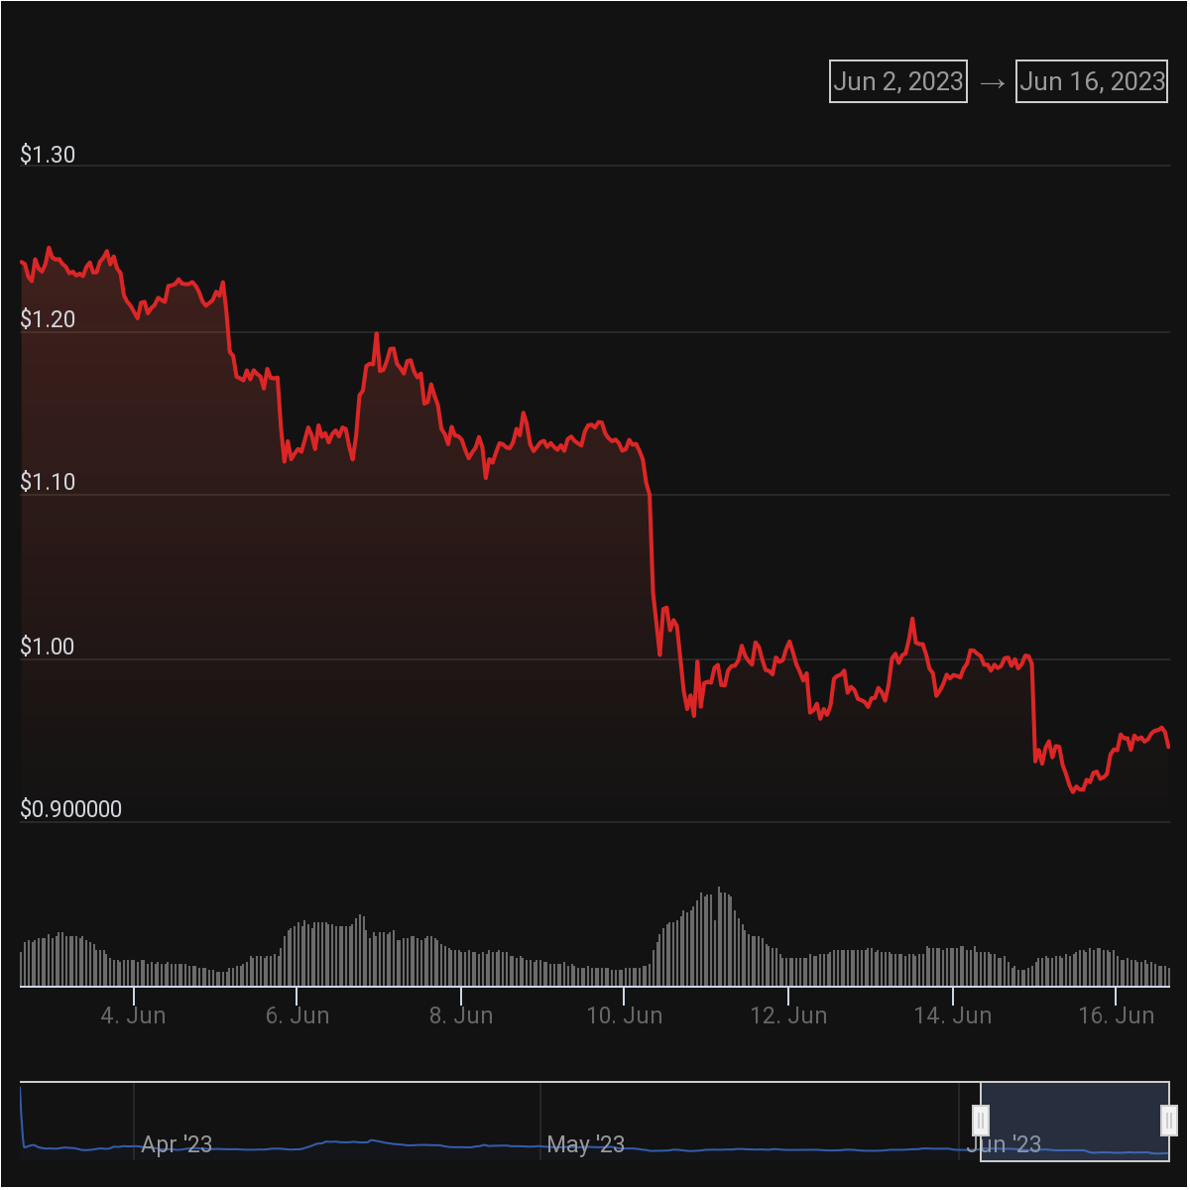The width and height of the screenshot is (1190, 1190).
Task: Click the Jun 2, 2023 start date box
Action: click(x=898, y=81)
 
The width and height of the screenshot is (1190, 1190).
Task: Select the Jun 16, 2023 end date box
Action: click(x=1092, y=81)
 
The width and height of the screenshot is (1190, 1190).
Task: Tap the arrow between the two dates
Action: click(x=992, y=82)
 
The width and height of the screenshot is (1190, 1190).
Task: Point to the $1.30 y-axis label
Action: click(x=48, y=155)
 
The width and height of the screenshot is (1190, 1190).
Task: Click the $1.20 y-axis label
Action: click(x=48, y=319)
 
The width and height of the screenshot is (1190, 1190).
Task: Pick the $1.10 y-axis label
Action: click(x=48, y=483)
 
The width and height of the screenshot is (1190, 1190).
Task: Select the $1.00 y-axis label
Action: click(x=48, y=647)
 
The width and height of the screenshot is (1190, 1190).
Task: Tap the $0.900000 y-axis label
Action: click(x=71, y=810)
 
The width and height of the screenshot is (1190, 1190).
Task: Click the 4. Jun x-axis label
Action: click(x=134, y=1016)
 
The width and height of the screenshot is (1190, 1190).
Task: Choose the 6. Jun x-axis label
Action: click(x=297, y=1016)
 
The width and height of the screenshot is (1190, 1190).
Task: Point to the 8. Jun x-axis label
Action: click(x=461, y=1016)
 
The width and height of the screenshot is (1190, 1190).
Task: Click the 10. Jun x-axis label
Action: click(x=625, y=1016)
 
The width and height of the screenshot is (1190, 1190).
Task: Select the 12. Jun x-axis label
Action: click(x=788, y=1016)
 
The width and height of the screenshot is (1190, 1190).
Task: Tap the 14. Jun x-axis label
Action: click(x=952, y=1016)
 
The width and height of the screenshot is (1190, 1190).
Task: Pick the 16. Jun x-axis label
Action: click(x=1116, y=1016)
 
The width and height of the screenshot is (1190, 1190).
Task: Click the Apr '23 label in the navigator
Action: click(x=177, y=1145)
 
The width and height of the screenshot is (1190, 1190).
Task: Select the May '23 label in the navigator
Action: click(x=585, y=1145)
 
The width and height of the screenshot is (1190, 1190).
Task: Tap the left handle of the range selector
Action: click(x=981, y=1121)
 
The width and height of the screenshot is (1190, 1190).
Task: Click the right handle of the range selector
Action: click(x=1169, y=1121)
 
